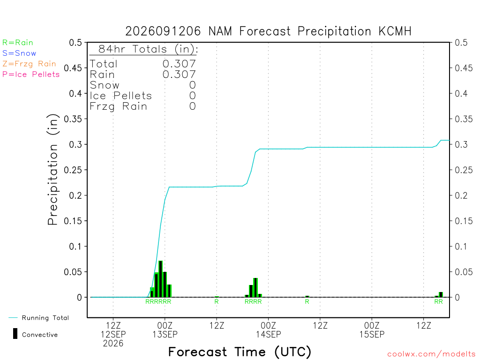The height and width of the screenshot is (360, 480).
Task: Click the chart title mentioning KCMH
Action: click(x=268, y=31)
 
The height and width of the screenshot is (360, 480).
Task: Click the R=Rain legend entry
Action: click(x=17, y=43)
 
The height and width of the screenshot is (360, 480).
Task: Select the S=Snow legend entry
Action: click(x=19, y=53)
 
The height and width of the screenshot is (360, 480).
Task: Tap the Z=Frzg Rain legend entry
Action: click(x=29, y=64)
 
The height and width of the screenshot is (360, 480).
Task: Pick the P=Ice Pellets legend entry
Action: click(x=31, y=75)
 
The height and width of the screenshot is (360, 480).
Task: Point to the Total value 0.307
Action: click(x=179, y=64)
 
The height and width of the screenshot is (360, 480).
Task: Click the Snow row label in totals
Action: click(x=105, y=85)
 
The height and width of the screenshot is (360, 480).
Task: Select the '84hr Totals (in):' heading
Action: click(x=148, y=49)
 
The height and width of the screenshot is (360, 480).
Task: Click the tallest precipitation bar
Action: click(x=160, y=279)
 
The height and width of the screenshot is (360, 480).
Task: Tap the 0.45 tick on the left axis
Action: click(x=73, y=68)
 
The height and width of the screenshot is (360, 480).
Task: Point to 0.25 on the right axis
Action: click(x=464, y=170)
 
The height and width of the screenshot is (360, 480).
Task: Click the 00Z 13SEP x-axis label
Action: click(x=165, y=330)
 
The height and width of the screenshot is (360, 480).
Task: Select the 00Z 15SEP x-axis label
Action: click(x=372, y=330)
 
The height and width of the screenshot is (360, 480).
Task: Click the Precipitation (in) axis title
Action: click(x=52, y=170)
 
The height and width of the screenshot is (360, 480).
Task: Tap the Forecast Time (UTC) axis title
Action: click(x=240, y=352)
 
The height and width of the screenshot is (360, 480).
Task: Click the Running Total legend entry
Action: click(x=39, y=318)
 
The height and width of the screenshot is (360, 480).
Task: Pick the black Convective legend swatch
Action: click(x=15, y=334)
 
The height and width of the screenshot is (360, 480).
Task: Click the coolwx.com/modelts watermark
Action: click(x=431, y=354)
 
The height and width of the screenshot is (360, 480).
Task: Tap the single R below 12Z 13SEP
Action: click(x=217, y=301)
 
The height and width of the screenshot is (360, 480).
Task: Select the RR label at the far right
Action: click(x=438, y=301)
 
